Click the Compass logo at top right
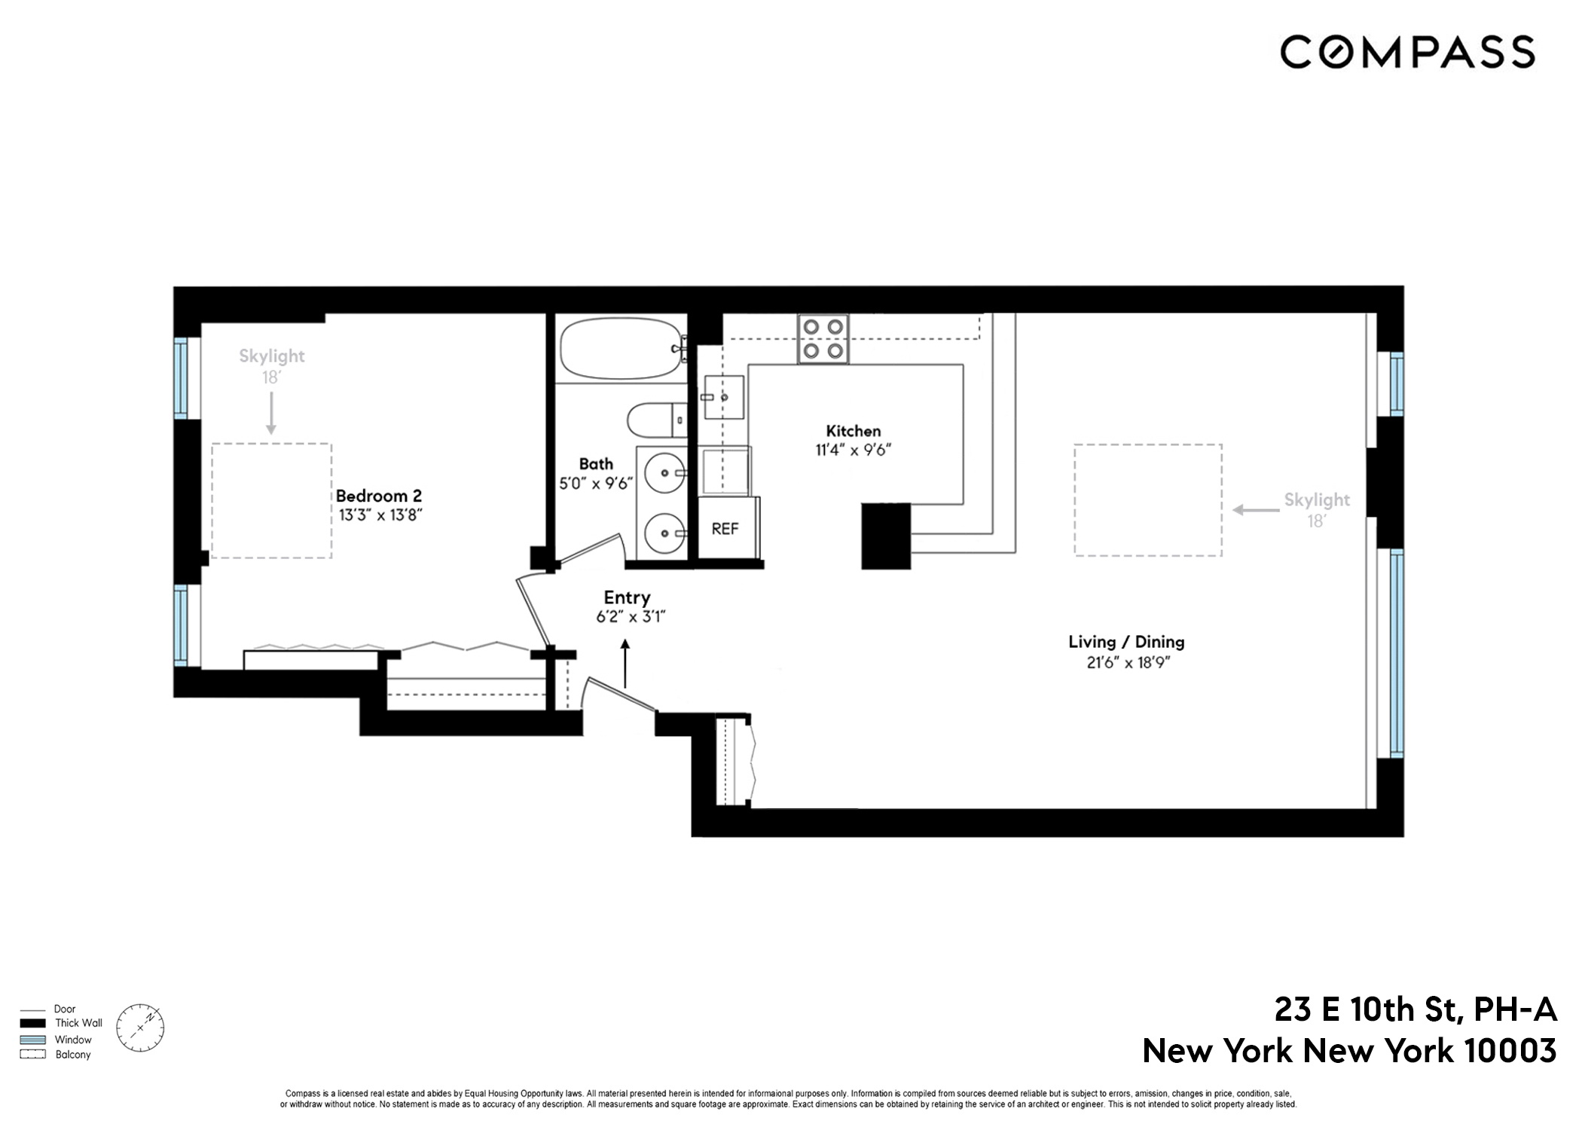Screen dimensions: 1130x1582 1406,52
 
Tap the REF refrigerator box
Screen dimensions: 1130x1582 725,528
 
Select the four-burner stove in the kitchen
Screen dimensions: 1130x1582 823,339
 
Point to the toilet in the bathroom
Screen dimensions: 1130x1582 656,420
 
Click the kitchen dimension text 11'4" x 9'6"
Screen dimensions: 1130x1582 853,450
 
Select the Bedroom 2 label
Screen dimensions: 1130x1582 378,496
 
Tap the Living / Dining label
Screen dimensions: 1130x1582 1126,642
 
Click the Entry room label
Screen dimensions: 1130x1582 627,597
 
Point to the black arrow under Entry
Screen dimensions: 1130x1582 625,663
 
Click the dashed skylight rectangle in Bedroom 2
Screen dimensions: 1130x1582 271,501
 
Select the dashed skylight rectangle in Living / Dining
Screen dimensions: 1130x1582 1147,500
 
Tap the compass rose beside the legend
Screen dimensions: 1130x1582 140,1028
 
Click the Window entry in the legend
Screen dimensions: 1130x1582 72,1040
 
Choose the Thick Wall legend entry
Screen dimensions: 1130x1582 78,1023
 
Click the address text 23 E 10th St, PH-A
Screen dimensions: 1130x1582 1415,1009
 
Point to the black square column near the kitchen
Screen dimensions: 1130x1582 886,536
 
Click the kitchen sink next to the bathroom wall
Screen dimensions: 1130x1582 723,397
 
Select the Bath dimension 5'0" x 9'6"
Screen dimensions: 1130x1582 594,484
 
